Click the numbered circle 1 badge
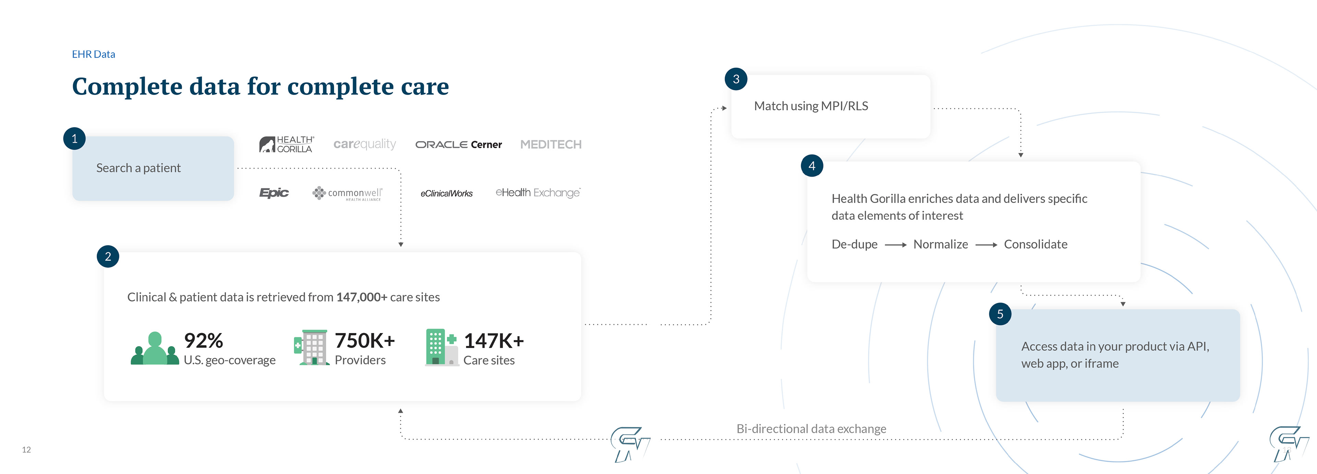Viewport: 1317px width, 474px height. (75, 139)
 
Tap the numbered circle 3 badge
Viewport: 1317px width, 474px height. (736, 79)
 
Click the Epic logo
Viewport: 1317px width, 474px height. (274, 193)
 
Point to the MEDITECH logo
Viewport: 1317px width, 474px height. (550, 145)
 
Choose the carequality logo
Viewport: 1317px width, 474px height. (365, 144)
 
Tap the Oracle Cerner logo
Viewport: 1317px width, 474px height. (458, 145)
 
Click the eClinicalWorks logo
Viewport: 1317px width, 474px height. (446, 193)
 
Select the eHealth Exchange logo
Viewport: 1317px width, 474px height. (538, 193)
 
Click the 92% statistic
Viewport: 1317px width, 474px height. (203, 341)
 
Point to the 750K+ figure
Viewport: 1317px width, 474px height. (365, 341)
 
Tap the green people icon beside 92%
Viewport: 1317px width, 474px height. (154, 349)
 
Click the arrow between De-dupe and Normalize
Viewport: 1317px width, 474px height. (895, 245)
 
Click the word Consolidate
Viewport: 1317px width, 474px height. (1035, 245)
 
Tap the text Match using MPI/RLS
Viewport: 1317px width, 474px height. (811, 106)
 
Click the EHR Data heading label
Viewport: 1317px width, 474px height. (94, 54)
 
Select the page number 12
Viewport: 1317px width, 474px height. (27, 449)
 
